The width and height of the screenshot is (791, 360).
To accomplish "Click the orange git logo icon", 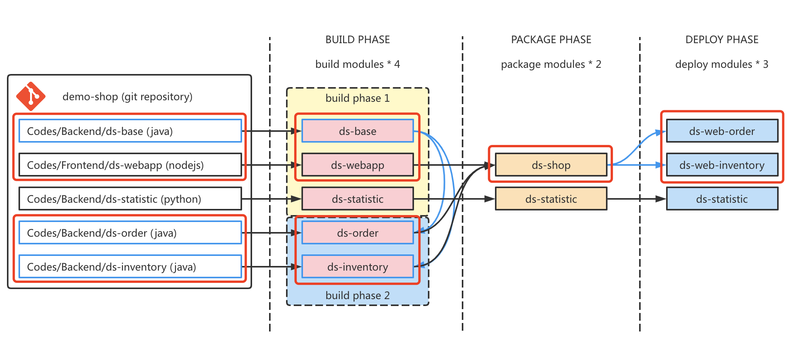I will [31, 96].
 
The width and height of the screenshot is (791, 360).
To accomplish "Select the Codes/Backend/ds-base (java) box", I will [130, 131].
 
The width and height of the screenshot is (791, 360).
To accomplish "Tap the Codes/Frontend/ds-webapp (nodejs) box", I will [130, 165].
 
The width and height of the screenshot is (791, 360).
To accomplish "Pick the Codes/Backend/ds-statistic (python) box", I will [130, 199].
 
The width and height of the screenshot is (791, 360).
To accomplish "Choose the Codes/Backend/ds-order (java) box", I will [130, 233].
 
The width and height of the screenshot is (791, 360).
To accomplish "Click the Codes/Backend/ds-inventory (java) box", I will [130, 267].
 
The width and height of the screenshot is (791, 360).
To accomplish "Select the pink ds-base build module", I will [357, 131].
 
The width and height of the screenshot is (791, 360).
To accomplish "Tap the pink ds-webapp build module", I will [357, 165].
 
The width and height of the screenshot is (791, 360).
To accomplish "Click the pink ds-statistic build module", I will [357, 199].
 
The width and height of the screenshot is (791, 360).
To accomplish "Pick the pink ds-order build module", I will [357, 233].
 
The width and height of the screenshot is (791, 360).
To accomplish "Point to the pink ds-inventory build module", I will [357, 267].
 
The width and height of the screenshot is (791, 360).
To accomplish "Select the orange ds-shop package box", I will [551, 165].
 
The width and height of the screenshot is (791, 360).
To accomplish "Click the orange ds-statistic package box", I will [551, 199].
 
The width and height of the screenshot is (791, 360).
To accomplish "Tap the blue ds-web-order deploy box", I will [722, 131].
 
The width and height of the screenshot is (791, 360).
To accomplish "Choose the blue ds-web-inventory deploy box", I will [722, 165].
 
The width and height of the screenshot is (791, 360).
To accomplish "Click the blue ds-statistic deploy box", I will [722, 199].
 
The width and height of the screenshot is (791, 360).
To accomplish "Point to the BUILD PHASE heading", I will [357, 40].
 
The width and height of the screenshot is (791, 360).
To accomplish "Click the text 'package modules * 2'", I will [551, 64].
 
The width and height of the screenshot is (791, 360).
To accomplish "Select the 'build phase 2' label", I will [357, 296].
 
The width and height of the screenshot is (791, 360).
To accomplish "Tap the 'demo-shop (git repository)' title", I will [127, 97].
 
